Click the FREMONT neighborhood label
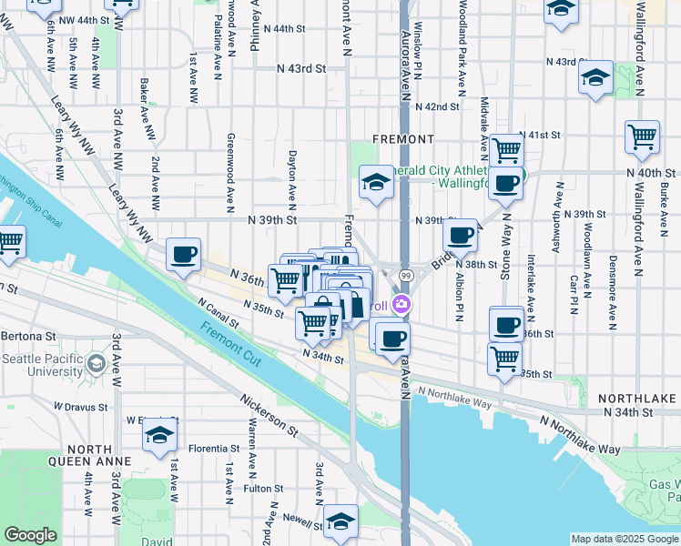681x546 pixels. [x=403, y=139]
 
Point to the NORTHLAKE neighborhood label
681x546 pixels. [x=637, y=399]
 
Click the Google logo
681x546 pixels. [x=31, y=535]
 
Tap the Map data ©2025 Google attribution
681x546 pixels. [x=624, y=539]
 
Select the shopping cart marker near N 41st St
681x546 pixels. [x=506, y=149]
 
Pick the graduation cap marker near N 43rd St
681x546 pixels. [x=595, y=78]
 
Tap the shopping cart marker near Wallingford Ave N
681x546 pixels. [x=642, y=137]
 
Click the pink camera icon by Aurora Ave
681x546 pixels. [x=401, y=306]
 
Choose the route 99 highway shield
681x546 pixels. [x=405, y=276]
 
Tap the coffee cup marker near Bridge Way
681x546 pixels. [x=461, y=237]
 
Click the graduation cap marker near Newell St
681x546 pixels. [x=341, y=521]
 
